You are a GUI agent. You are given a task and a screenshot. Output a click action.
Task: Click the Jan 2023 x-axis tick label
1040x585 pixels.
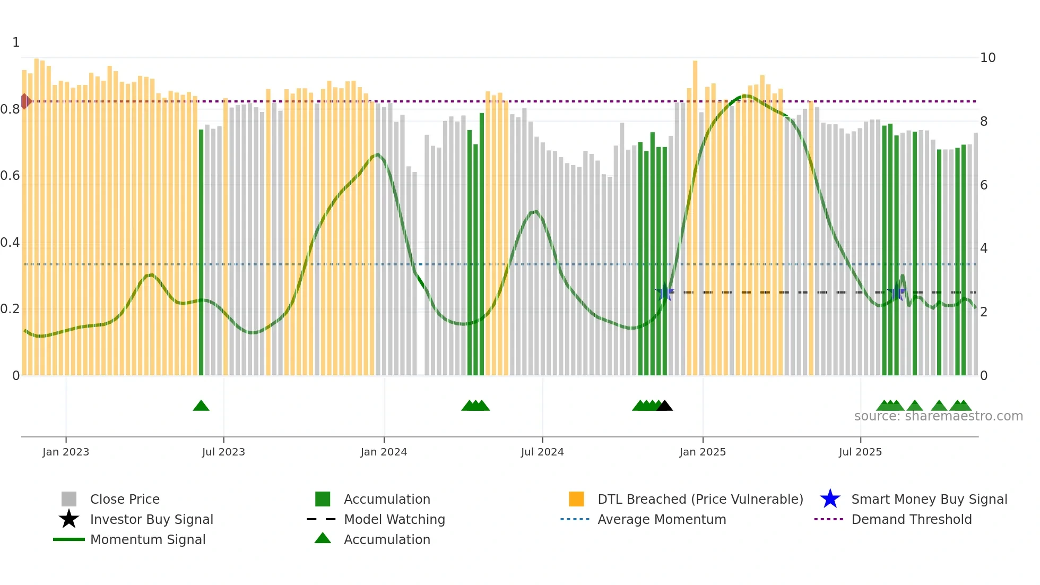tap(66, 452)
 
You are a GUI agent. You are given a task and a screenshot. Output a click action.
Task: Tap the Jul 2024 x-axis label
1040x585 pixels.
tap(542, 452)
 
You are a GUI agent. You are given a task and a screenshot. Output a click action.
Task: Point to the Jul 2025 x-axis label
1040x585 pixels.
tap(860, 452)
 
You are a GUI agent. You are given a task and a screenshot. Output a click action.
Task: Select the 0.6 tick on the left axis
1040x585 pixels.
tap(10, 176)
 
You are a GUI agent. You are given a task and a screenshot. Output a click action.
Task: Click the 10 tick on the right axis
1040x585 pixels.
tap(987, 58)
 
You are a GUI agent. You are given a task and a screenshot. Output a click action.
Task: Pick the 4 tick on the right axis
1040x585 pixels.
tap(984, 248)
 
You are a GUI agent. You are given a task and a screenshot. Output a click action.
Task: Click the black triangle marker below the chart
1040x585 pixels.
tap(664, 406)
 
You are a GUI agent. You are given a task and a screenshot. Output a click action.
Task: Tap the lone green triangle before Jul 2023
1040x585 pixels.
tap(201, 406)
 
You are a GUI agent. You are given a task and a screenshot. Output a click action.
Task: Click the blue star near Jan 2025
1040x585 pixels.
tap(664, 292)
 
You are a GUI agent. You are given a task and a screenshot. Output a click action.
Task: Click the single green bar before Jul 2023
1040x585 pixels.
tap(201, 252)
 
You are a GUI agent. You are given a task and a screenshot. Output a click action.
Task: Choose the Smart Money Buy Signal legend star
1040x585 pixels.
tap(830, 499)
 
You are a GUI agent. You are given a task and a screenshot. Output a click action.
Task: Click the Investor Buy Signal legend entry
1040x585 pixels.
tap(151, 519)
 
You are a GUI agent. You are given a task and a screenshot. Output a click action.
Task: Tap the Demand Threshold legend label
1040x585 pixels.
tap(911, 519)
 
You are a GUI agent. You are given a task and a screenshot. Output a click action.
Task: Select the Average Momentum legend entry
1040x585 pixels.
tap(661, 519)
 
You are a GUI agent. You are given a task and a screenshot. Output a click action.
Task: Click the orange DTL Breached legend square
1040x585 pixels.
tap(576, 499)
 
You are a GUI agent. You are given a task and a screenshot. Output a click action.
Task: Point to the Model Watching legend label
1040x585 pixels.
tap(394, 519)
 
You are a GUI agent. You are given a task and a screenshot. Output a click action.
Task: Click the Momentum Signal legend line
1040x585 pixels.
tap(69, 539)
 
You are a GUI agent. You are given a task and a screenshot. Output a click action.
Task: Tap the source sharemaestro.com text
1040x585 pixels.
tap(938, 416)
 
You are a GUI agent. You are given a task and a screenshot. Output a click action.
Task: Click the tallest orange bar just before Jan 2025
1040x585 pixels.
tap(695, 218)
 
